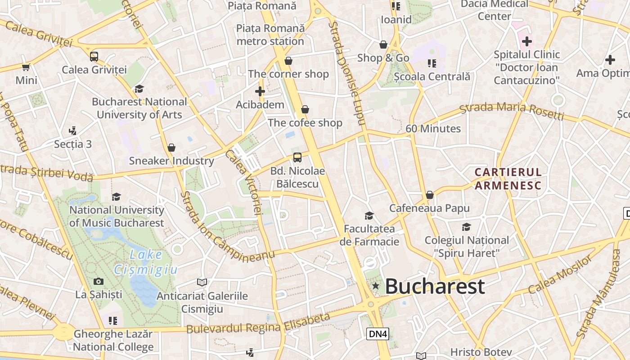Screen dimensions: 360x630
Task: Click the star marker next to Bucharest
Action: (x=375, y=286)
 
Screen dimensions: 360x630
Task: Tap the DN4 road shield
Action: (x=378, y=334)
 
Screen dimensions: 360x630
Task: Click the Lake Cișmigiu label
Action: (x=146, y=262)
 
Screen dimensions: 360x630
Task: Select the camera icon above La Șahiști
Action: (x=99, y=282)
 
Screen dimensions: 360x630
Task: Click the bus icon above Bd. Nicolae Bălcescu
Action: (x=297, y=157)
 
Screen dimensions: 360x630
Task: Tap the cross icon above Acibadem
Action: (x=260, y=91)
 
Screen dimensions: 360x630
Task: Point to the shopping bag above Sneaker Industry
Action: (x=171, y=148)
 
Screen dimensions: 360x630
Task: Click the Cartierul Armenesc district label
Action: (x=508, y=179)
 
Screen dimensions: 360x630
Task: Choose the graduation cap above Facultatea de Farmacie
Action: (x=369, y=216)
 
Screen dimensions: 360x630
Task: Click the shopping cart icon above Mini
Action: (x=26, y=67)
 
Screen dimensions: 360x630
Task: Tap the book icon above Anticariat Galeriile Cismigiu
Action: (x=202, y=282)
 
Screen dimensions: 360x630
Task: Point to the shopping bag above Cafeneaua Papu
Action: (x=429, y=195)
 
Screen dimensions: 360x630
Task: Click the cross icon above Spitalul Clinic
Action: (x=526, y=42)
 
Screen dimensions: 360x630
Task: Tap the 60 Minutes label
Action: (x=433, y=129)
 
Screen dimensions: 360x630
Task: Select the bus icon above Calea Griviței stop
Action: (x=94, y=57)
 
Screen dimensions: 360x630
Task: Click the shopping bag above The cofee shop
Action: (x=305, y=109)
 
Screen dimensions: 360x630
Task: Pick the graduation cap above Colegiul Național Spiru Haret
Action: (x=466, y=227)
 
